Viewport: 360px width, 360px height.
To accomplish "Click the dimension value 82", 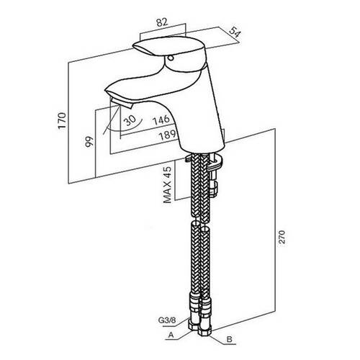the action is click(x=162, y=22).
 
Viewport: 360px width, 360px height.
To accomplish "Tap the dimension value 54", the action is click(x=235, y=32).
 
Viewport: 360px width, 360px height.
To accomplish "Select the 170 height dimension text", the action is click(x=62, y=121).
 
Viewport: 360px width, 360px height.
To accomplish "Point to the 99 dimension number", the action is click(x=89, y=142).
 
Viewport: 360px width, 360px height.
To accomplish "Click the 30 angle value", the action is click(x=130, y=120).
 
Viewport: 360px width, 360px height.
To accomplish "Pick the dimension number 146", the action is click(x=161, y=120).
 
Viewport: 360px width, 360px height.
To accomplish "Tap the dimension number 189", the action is click(x=168, y=135).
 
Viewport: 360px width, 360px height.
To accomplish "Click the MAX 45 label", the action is click(x=168, y=184).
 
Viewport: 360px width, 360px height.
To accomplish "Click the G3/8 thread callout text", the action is click(x=167, y=320).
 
